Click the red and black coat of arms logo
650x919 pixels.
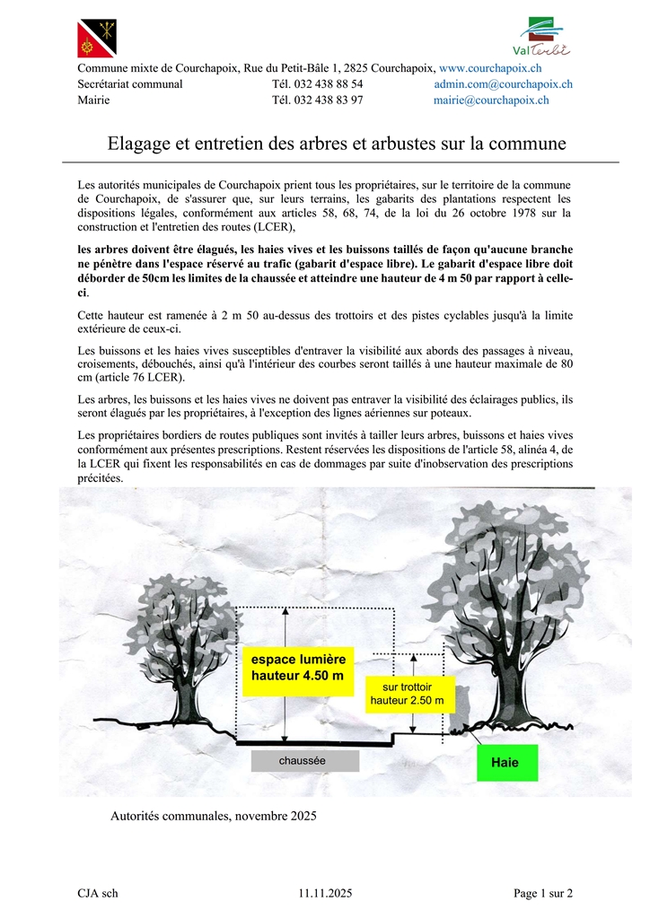(x=96, y=38)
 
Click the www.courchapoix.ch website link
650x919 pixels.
(x=489, y=68)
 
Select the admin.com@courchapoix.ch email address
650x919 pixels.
(x=503, y=84)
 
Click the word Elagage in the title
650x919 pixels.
(x=138, y=144)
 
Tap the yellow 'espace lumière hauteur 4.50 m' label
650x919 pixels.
(x=297, y=670)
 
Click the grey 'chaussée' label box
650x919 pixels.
(x=304, y=761)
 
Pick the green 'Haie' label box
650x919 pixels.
(x=506, y=763)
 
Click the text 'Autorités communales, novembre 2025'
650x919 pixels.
(x=213, y=817)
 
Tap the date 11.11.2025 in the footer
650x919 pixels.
(x=325, y=893)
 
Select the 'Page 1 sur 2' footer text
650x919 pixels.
(x=542, y=893)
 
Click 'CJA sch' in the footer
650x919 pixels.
(x=98, y=893)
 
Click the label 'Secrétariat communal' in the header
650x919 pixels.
(x=130, y=84)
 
